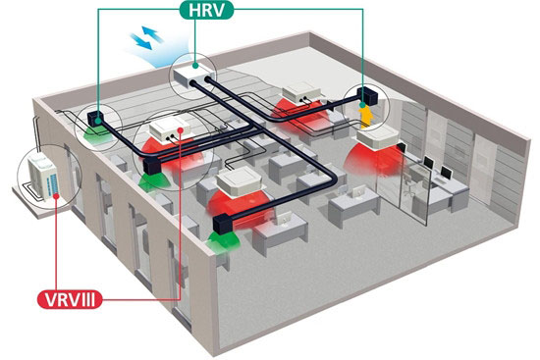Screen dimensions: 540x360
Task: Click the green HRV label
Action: tap(206, 10)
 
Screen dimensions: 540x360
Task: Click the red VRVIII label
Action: tap(70, 299)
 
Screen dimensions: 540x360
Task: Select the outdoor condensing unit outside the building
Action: tap(41, 177)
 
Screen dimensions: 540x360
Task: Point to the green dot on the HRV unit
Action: tap(195, 65)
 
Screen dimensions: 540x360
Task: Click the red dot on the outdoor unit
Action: tap(56, 196)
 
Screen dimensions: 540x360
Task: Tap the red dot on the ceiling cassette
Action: tap(181, 129)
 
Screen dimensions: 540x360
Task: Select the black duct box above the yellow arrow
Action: tap(368, 96)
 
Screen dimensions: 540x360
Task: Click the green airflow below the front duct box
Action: tap(223, 241)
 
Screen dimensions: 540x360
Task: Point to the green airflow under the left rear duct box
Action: tap(98, 133)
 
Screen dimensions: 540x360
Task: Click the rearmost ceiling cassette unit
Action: tap(301, 92)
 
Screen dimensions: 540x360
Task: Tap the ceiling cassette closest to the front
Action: tap(241, 181)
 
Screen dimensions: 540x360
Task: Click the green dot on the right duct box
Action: tap(362, 104)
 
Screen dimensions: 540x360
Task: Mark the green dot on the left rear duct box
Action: tap(98, 121)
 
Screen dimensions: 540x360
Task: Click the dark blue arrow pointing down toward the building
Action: tap(140, 41)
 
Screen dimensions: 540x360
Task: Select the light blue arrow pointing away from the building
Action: tap(152, 33)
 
